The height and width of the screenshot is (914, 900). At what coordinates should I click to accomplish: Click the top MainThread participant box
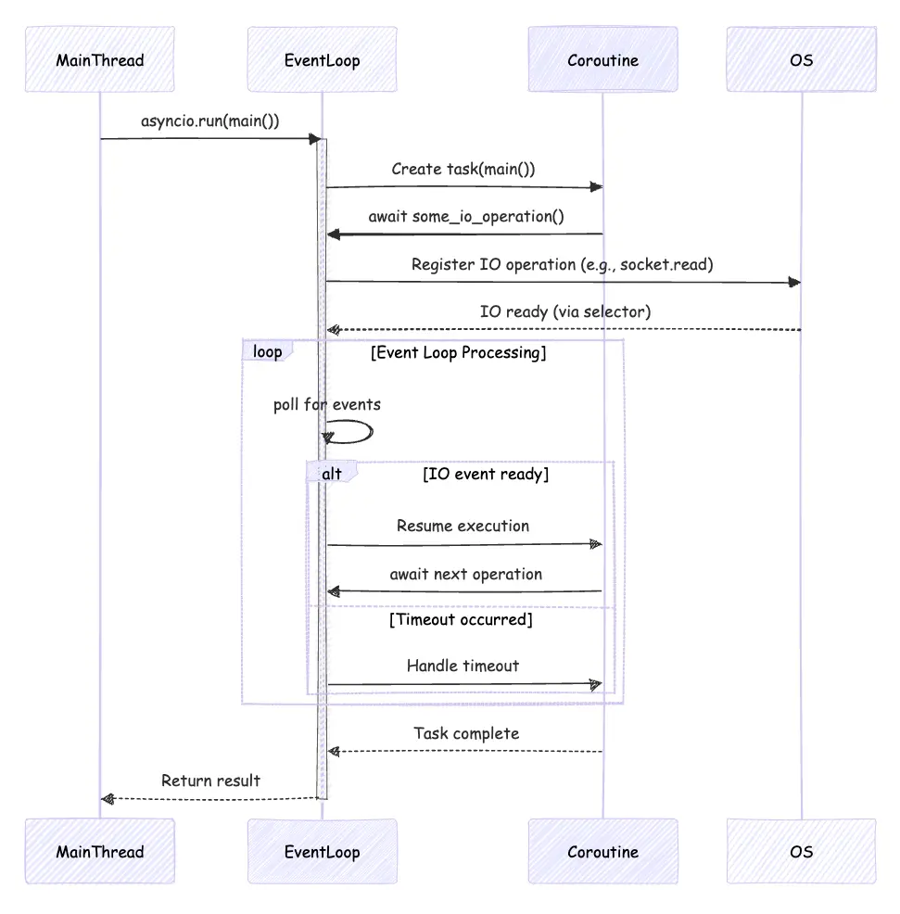point(100,60)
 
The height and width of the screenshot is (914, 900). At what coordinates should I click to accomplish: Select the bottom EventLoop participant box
point(322,851)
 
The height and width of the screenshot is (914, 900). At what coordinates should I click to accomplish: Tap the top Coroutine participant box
point(602,60)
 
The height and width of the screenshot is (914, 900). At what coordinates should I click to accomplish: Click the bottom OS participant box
point(801,851)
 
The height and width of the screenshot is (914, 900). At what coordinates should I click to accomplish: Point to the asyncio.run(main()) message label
point(210,121)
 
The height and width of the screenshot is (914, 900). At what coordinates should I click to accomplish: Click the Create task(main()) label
point(463,169)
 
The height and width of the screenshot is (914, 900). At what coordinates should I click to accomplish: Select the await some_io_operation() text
point(466,217)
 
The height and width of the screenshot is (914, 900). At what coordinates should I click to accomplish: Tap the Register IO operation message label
point(562,264)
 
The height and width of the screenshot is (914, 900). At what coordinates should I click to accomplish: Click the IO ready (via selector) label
point(564,311)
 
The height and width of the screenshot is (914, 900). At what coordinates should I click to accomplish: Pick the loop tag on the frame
point(267,351)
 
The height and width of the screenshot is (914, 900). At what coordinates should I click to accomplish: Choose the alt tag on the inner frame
point(331,474)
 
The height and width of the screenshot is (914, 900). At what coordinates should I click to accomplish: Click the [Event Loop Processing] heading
point(458,352)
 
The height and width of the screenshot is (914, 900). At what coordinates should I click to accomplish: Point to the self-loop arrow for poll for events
point(357,431)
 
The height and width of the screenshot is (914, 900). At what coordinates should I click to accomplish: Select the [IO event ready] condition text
point(486,475)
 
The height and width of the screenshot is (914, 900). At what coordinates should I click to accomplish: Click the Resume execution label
point(463,526)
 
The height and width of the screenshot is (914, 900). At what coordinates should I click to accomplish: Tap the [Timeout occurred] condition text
point(461,619)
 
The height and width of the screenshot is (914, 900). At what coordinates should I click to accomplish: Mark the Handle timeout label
point(463,666)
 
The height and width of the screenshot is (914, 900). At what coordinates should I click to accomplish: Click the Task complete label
point(466,733)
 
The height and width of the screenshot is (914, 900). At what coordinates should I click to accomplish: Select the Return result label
point(210,781)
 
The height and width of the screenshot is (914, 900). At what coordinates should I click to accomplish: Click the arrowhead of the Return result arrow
point(107,798)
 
